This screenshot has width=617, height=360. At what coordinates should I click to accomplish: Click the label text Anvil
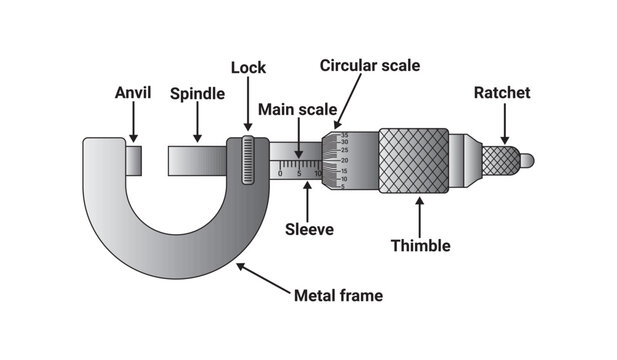pyautogui.click(x=134, y=94)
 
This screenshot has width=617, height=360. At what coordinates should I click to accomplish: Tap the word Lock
pyautogui.click(x=248, y=68)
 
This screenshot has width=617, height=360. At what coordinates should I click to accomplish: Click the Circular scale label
pyautogui.click(x=369, y=65)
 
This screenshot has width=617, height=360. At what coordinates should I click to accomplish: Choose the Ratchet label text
pyautogui.click(x=502, y=93)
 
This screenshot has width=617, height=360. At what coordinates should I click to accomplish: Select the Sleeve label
pyautogui.click(x=309, y=229)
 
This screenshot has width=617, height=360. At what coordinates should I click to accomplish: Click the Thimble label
pyautogui.click(x=420, y=245)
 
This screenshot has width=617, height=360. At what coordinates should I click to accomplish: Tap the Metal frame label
pyautogui.click(x=338, y=296)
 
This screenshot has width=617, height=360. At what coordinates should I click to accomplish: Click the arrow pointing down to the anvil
pyautogui.click(x=134, y=123)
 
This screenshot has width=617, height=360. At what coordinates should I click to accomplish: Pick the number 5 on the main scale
pyautogui.click(x=299, y=173)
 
